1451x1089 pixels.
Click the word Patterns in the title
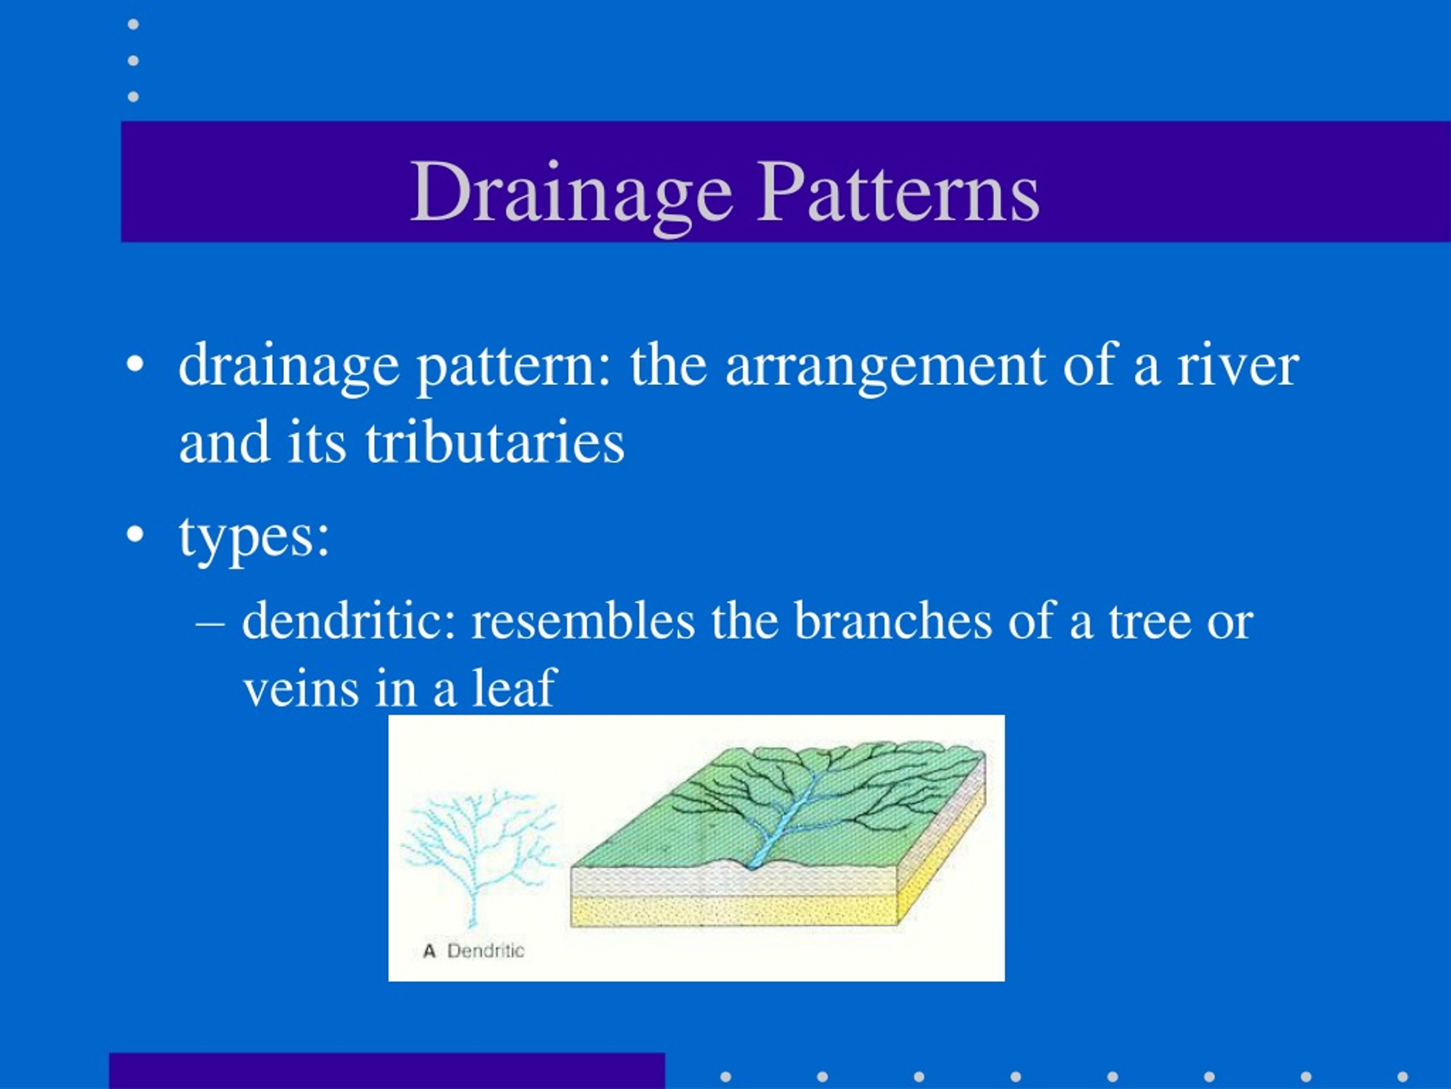(898, 191)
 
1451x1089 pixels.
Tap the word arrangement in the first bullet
(885, 368)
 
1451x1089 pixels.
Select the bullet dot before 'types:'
(134, 534)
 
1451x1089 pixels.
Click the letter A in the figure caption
(430, 951)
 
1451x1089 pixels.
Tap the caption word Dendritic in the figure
(485, 951)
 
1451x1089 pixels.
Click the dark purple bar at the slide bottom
(387, 1071)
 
